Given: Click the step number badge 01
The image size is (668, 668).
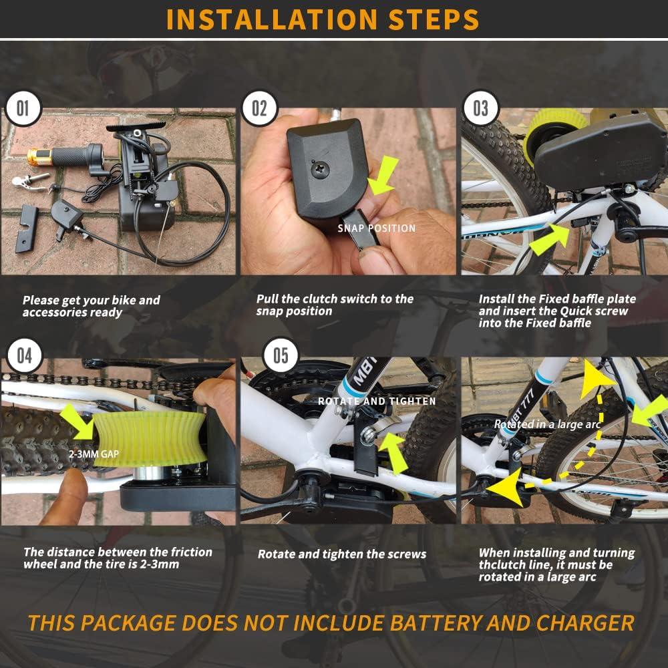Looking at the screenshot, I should (x=23, y=108).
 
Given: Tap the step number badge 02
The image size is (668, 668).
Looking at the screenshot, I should (x=259, y=108).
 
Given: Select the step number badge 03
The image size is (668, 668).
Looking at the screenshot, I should (x=480, y=108).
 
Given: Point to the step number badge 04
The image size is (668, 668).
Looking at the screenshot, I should (x=23, y=355).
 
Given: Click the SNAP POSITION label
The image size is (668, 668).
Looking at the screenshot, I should (x=376, y=228).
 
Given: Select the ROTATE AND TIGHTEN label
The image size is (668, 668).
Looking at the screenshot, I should (x=377, y=401).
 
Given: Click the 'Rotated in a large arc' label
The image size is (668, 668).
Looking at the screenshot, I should (x=547, y=424).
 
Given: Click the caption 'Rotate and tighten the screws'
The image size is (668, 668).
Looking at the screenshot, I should (x=341, y=554).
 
